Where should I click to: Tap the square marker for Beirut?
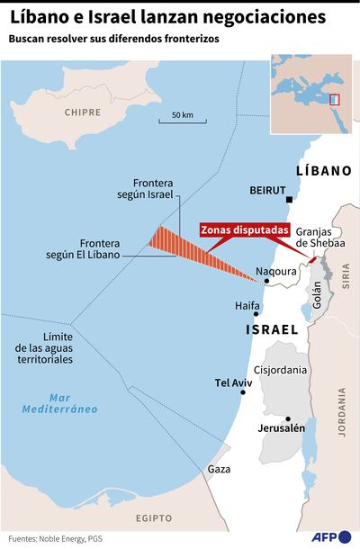click(x=290, y=200)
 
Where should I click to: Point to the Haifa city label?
click(x=247, y=306)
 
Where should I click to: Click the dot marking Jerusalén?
click(x=287, y=418)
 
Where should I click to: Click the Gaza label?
click(x=219, y=469)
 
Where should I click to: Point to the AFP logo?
click(x=330, y=537)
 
